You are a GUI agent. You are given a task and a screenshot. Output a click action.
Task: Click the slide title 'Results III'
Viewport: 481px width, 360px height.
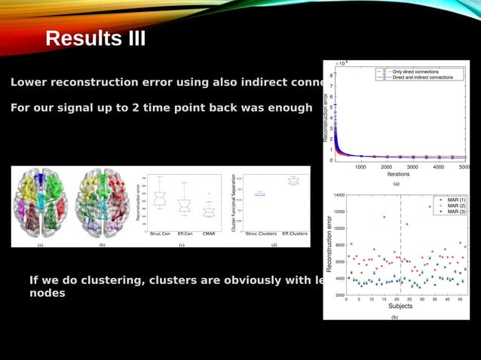[x=96, y=38]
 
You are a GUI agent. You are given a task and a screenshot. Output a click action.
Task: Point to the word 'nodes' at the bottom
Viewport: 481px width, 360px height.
[x=47, y=293]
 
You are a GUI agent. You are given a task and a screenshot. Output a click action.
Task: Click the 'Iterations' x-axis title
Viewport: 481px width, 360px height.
[x=398, y=174]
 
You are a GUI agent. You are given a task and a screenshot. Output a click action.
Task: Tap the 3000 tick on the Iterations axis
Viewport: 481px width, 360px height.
[x=413, y=167]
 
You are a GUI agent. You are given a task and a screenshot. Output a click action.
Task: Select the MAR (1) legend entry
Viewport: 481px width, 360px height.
[x=455, y=200]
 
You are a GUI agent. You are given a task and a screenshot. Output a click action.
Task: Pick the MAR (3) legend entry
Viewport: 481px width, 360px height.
[x=455, y=212]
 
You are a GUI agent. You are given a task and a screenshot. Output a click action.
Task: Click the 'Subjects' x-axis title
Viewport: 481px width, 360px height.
[x=400, y=307]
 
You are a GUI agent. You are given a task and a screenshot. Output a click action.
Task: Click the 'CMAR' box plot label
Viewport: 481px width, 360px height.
[x=210, y=234]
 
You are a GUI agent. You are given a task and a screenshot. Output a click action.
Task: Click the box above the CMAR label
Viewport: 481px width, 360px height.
[x=210, y=212]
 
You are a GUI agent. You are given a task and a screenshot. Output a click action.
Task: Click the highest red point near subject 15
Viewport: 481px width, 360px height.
[x=384, y=217]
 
